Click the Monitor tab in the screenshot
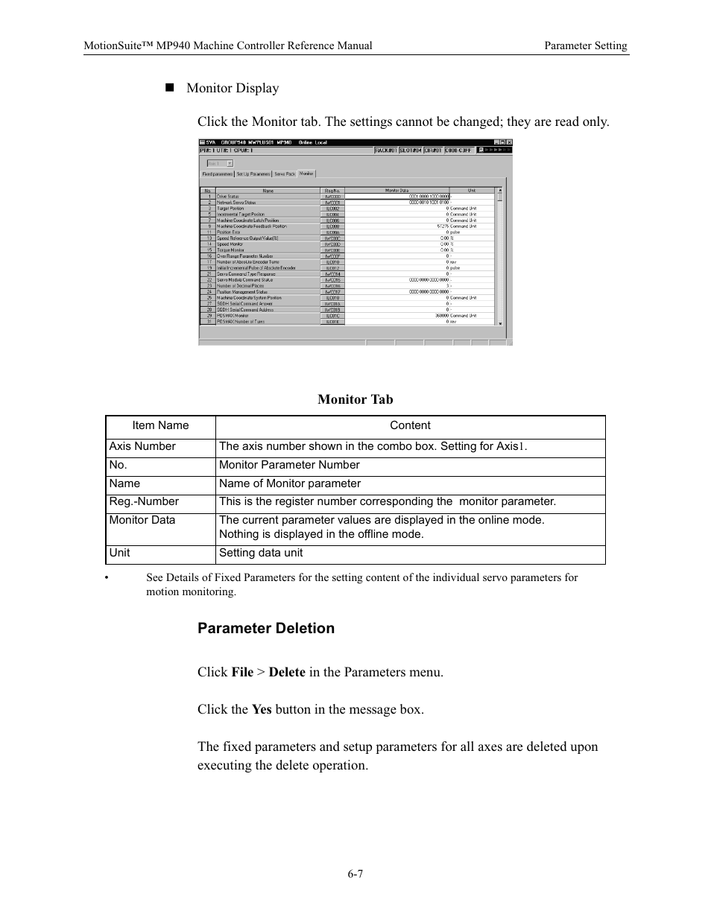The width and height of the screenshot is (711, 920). pos(306,174)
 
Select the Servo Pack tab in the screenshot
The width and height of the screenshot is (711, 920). pos(285,174)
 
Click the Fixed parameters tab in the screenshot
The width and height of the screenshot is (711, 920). pos(218,174)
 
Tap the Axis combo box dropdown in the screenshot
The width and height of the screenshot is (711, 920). pos(230,163)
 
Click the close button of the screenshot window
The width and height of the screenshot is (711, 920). pos(509,142)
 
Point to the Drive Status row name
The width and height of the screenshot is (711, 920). pos(228,197)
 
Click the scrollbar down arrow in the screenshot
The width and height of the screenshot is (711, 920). pos(500,323)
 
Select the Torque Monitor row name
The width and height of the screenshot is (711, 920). pos(230,250)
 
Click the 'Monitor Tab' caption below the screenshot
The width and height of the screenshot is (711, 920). pos(355,399)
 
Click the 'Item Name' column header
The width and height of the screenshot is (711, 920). pos(160,425)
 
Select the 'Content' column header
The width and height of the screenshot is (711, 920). pos(410,425)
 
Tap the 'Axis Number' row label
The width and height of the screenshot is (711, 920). pos(142,446)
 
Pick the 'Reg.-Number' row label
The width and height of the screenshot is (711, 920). pos(144,501)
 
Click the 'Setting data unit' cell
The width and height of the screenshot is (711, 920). pos(261,553)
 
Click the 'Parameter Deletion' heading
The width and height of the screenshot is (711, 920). pos(266,628)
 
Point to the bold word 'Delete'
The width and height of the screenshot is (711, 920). pos(287,672)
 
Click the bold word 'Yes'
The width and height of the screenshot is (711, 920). pos(262,709)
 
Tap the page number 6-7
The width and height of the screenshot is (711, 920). pos(355,874)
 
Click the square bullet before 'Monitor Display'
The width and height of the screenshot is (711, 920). pos(169,87)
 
